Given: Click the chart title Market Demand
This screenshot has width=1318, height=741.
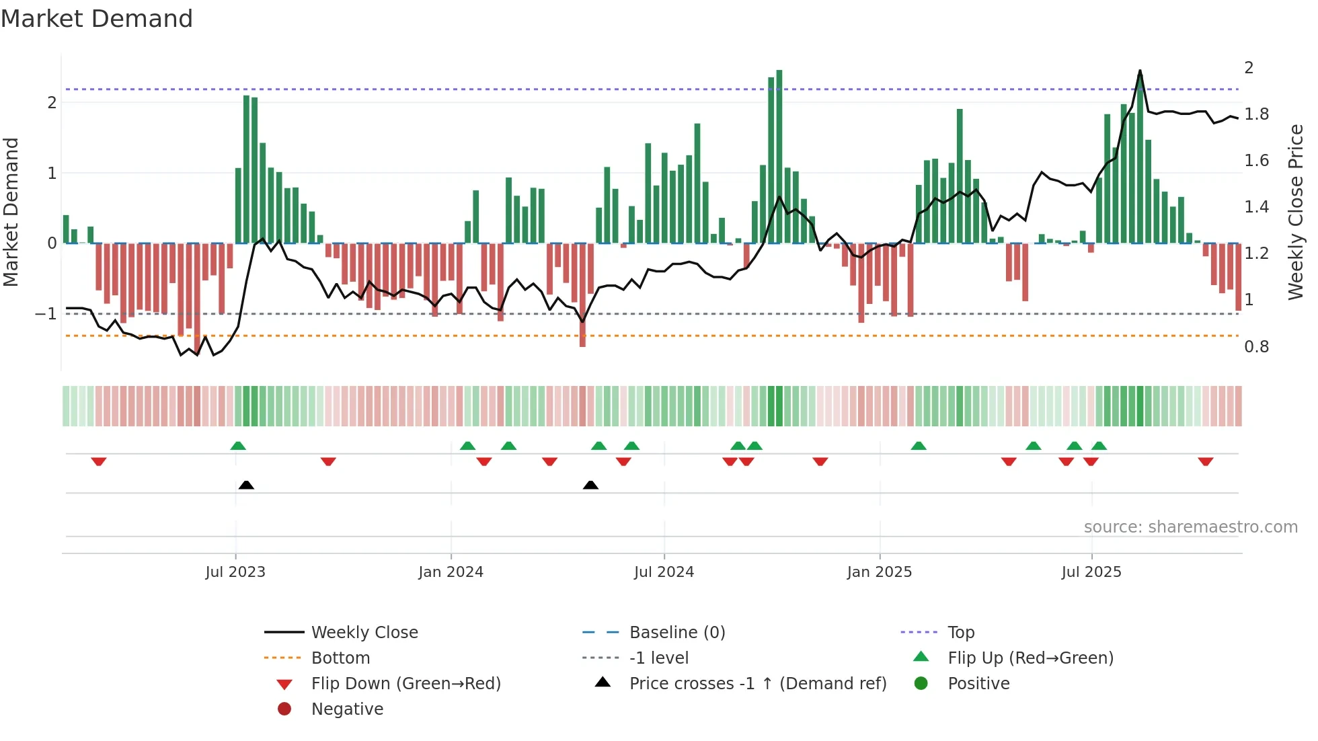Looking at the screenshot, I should coord(97,19).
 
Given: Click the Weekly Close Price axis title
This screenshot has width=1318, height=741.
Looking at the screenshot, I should coord(1295,212).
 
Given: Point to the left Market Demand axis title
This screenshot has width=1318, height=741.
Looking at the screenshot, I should coord(11,212).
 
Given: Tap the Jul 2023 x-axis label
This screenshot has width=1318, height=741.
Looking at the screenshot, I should coord(235,572).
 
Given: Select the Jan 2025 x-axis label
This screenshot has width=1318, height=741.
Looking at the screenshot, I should coord(879,572).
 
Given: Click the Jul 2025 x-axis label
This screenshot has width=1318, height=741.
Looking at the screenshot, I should coord(1091,572).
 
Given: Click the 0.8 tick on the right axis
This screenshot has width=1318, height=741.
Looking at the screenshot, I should coord(1256,347).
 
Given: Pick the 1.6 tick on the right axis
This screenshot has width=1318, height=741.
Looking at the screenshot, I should coord(1256,161).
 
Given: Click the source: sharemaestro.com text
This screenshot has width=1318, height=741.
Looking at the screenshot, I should coord(1190,527).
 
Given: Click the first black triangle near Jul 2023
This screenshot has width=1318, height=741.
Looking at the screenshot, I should coord(246,485).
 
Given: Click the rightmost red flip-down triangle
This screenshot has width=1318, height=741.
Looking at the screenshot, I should coord(1205,461).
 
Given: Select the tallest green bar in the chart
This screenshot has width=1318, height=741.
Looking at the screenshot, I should coord(779,156).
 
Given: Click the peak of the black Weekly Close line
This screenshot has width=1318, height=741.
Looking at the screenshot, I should coord(1140,71).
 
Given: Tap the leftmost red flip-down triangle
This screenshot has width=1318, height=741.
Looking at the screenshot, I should coord(99,461).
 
